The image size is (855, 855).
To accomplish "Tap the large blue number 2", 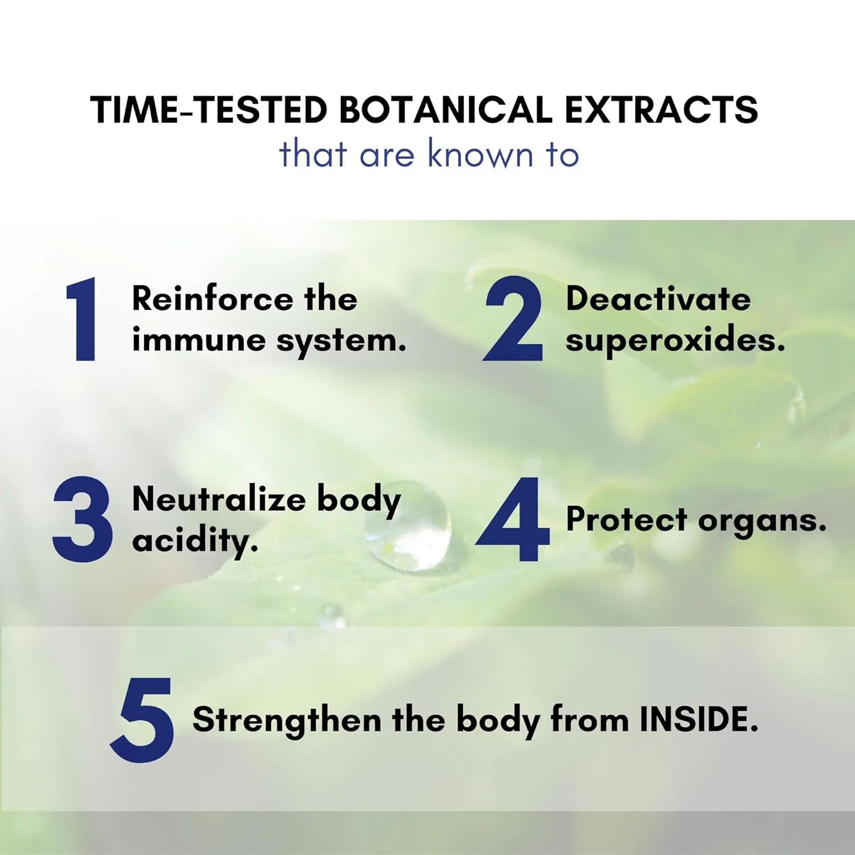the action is coord(512,319).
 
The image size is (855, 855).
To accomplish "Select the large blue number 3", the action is coord(83,519).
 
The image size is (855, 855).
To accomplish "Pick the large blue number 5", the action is coord(142,719).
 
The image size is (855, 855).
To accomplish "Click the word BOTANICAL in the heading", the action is coord(446,109).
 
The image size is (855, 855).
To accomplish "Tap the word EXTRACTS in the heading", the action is coord(661,109).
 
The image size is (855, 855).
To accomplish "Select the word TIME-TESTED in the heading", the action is coord(209,109).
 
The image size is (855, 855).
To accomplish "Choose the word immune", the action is coord(199,340).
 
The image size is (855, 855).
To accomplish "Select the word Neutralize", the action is coord(219,499).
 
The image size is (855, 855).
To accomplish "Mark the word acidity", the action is coord(195,540).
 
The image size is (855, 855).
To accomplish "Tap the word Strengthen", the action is coord(287,720).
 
